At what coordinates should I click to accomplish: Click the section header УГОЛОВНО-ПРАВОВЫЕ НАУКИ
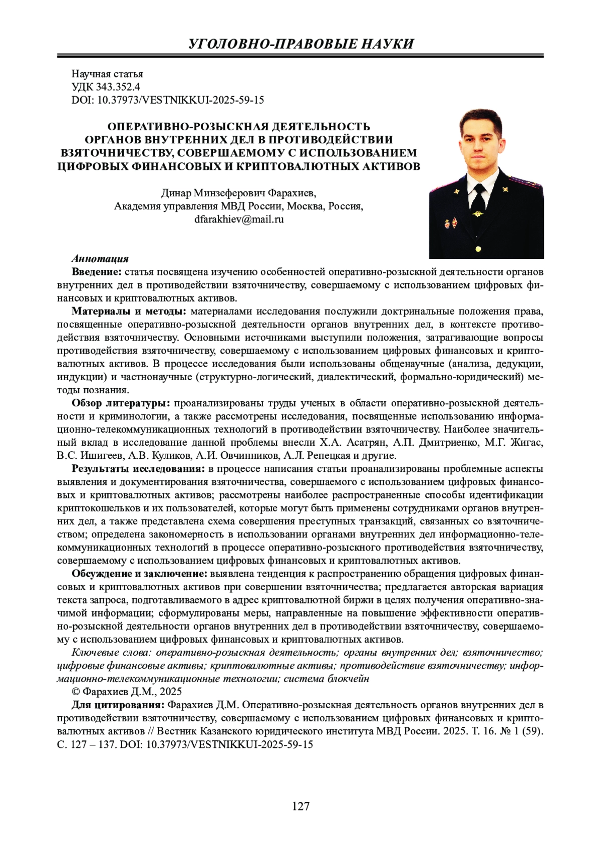300,44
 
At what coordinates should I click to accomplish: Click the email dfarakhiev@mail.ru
239,219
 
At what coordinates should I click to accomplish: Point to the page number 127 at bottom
300,806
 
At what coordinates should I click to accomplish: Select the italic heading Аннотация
100,259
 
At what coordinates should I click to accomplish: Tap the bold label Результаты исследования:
138,469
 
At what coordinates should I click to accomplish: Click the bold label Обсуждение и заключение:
140,574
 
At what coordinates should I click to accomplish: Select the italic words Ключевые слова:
112,653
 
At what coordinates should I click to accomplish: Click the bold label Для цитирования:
118,705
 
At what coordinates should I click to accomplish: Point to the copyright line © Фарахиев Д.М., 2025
127,692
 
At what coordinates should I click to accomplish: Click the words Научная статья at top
107,74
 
